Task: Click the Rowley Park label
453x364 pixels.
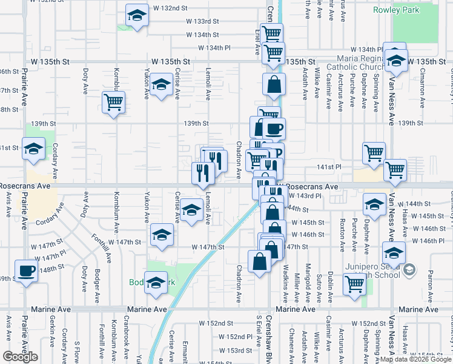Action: (414, 10)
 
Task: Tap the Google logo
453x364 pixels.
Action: (20, 357)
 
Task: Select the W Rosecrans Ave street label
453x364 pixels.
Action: (308, 187)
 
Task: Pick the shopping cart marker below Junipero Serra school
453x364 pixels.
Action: (354, 283)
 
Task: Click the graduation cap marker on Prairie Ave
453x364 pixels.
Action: (33, 148)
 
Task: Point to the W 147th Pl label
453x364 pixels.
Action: (49, 254)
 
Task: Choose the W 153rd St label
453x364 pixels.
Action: (236, 351)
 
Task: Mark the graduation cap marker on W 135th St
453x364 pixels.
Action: (397, 61)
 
